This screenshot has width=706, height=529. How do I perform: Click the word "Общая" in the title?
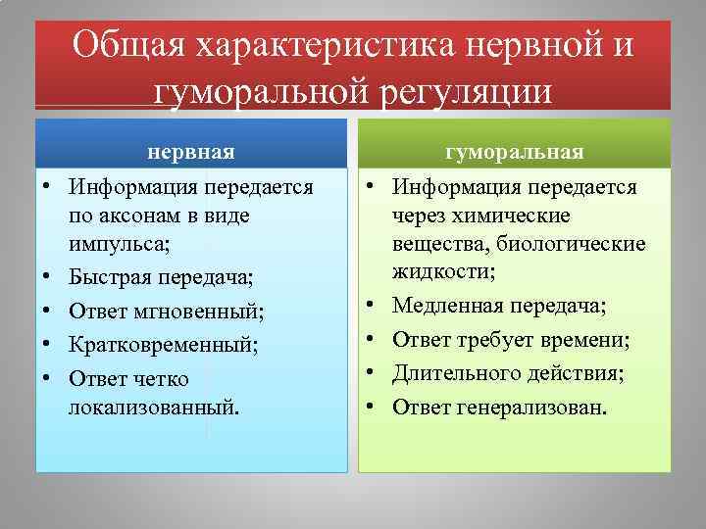click(x=126, y=47)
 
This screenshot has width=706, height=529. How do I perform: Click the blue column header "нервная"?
click(x=191, y=152)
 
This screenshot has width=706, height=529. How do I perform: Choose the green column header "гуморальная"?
click(x=515, y=152)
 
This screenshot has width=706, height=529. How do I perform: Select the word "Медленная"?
click(x=443, y=307)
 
